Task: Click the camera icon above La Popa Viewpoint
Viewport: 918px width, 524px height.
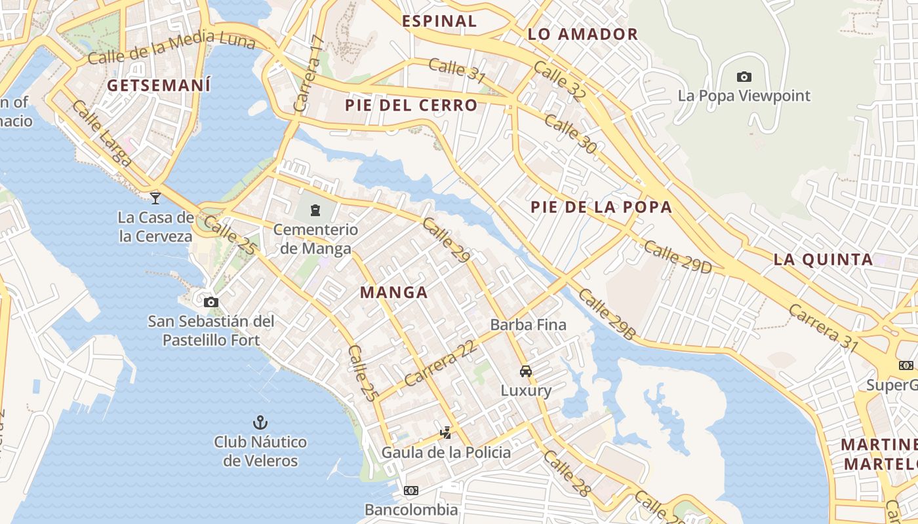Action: coord(744,77)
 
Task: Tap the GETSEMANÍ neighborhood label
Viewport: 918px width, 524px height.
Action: coord(159,86)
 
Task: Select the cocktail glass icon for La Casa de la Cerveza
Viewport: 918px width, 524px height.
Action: coord(155,198)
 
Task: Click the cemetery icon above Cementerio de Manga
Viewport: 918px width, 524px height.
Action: coord(315,210)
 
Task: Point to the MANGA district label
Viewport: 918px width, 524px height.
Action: coord(394,293)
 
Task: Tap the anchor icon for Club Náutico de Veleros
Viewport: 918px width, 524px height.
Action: coord(260,422)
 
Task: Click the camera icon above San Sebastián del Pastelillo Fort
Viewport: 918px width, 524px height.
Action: coord(210,302)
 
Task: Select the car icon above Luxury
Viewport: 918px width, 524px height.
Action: coord(526,371)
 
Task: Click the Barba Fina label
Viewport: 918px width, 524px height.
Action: coord(528,325)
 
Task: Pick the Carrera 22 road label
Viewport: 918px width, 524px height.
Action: coord(439,364)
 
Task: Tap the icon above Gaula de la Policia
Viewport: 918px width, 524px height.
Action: coord(446,433)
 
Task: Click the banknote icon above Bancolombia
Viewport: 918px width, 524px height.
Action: coord(411,491)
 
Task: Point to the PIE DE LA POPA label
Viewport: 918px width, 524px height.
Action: coord(601,208)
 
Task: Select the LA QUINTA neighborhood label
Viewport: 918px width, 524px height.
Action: coord(823,259)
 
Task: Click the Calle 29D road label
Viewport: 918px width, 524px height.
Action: coord(677,257)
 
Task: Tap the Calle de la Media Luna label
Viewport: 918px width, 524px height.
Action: coord(170,48)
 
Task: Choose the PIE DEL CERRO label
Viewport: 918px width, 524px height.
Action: coord(411,105)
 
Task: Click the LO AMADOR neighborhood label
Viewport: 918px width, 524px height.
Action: coord(582,35)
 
